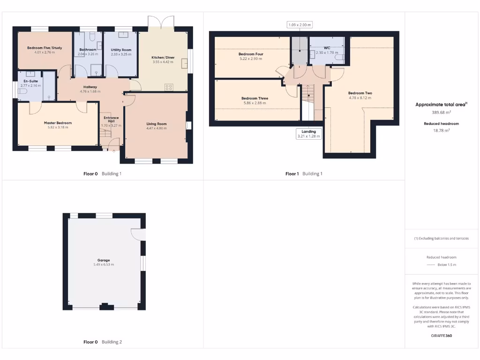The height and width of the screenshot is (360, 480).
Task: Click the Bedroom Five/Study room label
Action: point(45,48)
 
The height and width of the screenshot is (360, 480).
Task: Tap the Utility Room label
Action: point(121,50)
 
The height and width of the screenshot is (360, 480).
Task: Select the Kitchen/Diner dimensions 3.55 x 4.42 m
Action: point(163,62)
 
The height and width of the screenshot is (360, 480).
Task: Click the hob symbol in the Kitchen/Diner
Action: point(169,87)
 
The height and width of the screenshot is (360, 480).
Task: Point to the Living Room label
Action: point(157,124)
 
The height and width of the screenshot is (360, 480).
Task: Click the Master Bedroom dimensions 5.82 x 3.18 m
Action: point(58,127)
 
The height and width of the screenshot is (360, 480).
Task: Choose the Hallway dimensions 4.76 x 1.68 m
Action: point(90,91)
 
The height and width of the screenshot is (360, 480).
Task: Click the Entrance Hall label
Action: point(111,120)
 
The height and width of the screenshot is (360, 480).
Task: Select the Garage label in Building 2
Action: point(104,260)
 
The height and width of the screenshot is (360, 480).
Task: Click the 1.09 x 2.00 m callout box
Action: point(300,25)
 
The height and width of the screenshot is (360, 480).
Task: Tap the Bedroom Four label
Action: point(251,54)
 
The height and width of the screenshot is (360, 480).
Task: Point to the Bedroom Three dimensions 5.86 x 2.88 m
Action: point(255,103)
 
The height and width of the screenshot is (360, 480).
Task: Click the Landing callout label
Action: point(308,131)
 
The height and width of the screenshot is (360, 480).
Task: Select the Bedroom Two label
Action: point(360,93)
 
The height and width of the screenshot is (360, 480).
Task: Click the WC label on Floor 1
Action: point(327,48)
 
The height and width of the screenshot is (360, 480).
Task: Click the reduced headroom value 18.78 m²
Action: point(441,130)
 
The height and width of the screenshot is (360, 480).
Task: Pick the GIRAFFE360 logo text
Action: point(442,336)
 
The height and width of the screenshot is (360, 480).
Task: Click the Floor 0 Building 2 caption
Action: point(102,342)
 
